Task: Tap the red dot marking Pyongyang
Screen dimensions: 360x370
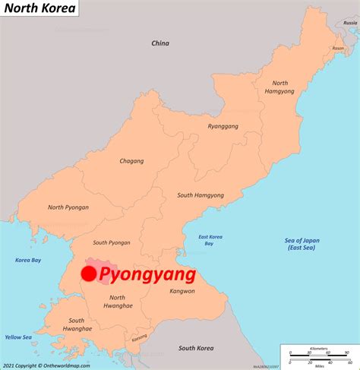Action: pos(89,274)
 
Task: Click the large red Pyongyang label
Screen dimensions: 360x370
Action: pos(147,274)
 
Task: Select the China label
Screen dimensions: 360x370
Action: pos(159,43)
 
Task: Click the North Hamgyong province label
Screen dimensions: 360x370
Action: pos(280,87)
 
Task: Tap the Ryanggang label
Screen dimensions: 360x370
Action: pos(223,126)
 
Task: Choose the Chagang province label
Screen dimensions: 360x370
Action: pos(131,161)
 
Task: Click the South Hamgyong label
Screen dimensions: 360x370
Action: pos(201,195)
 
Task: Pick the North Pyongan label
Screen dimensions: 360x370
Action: pos(68,207)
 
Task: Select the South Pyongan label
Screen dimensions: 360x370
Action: pos(112,242)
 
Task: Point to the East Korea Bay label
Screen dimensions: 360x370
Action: pos(210,240)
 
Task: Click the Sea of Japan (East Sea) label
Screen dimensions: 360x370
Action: pos(302,244)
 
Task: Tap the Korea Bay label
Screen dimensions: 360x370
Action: pos(28,261)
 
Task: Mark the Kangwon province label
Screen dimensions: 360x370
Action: pos(182,291)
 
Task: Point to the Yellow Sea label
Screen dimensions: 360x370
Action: pos(18,337)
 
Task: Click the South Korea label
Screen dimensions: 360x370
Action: pos(196,349)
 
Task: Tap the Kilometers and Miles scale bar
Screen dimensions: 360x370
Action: pos(318,354)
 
